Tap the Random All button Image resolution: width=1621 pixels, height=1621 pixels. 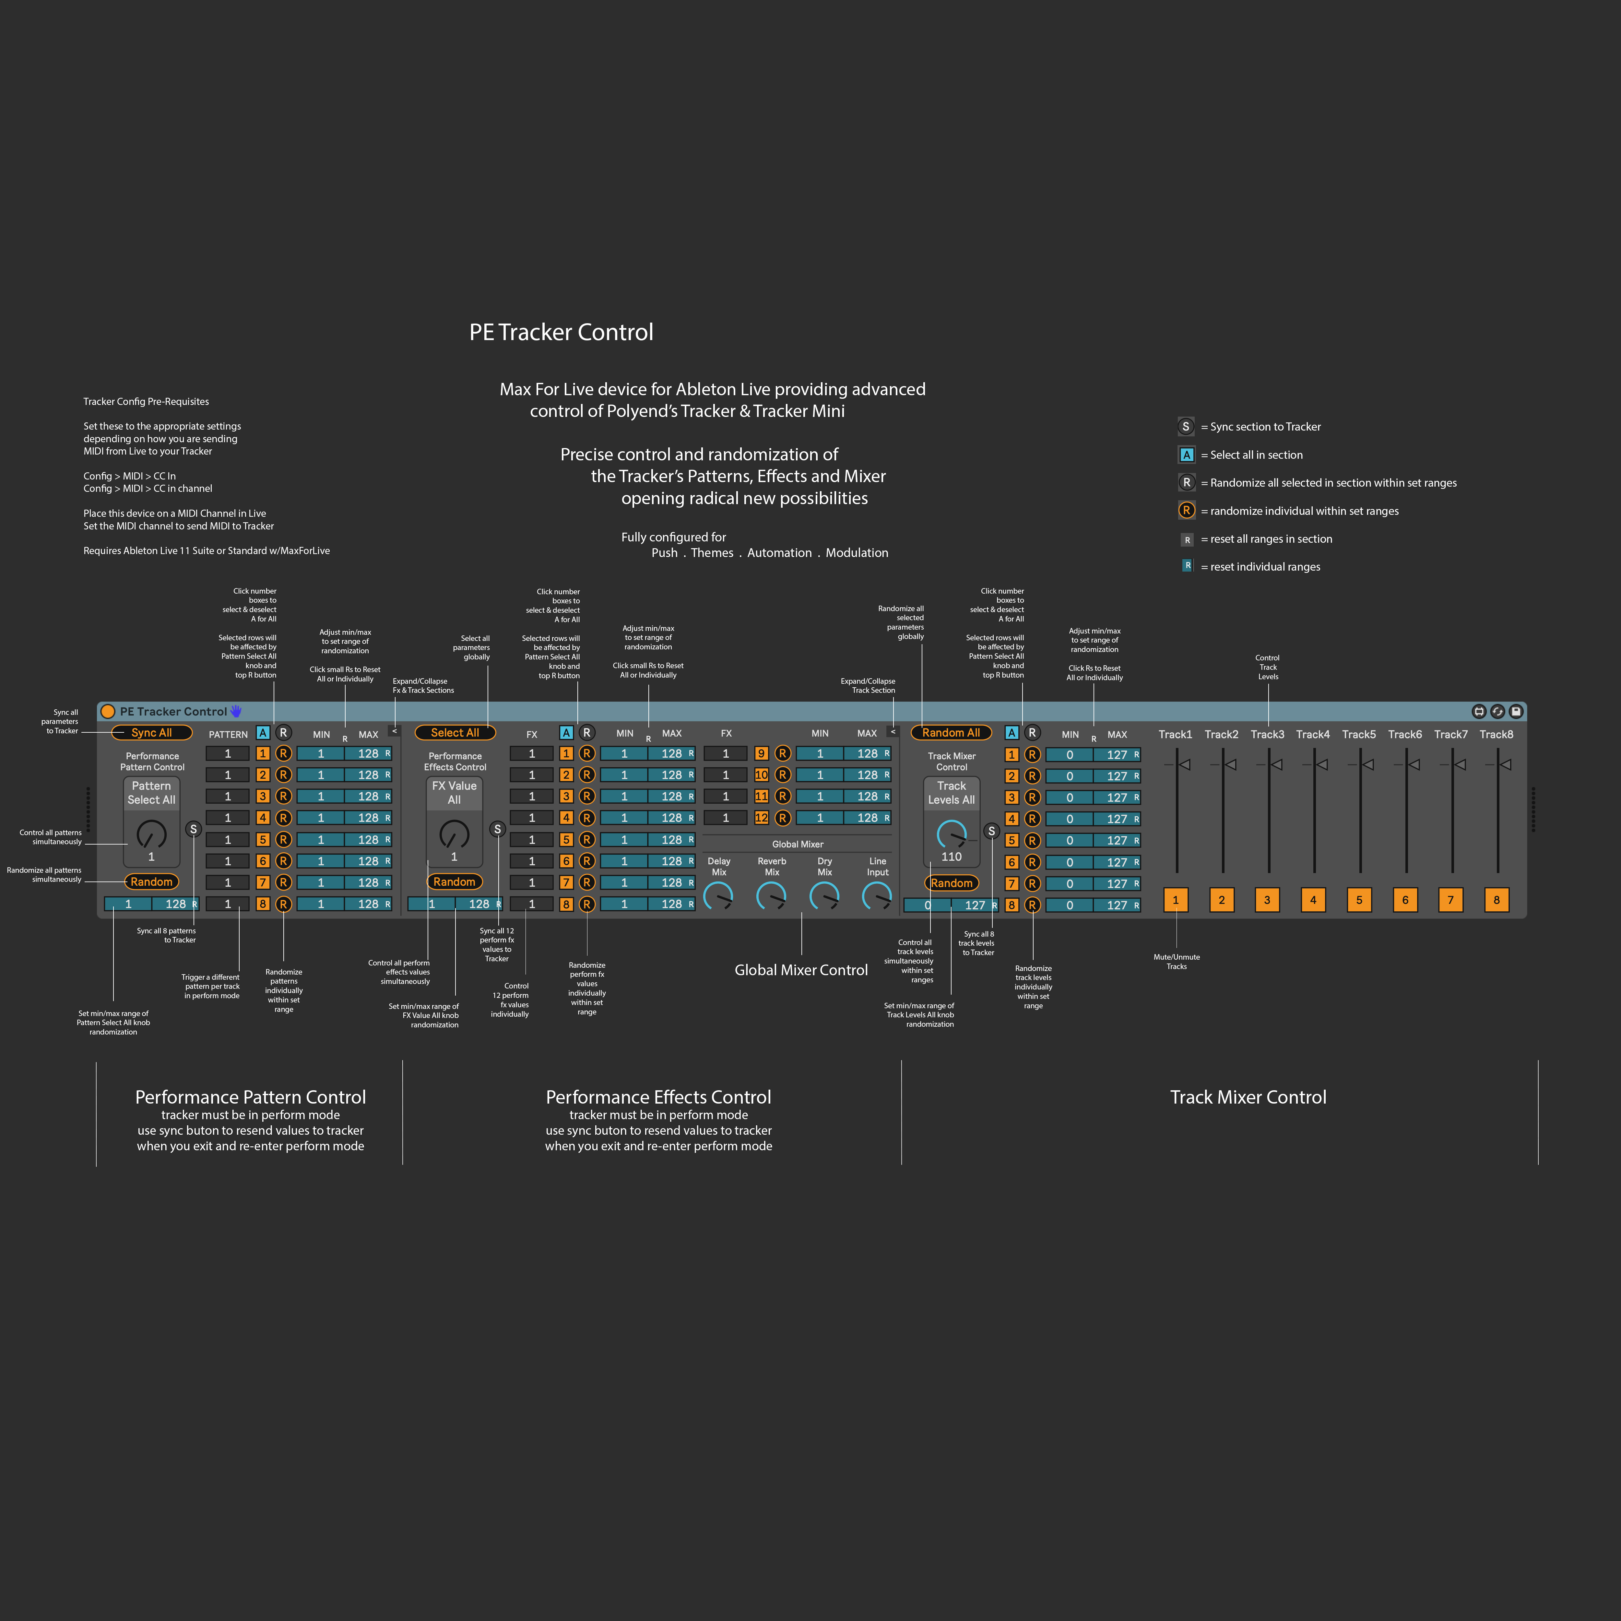951,732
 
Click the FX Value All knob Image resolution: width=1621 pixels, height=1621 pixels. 454,834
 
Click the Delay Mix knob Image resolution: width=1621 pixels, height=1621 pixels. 718,896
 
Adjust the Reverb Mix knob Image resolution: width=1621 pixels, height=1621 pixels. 771,896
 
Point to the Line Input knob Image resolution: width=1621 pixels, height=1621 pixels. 877,896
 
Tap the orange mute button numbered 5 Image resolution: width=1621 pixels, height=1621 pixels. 1359,899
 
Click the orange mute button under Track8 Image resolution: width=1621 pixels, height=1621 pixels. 1496,899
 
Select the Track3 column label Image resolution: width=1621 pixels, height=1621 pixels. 1267,734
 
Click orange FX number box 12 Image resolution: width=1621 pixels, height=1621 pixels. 761,817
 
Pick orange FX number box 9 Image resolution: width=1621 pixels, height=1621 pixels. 761,753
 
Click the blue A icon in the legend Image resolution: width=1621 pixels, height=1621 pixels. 1186,455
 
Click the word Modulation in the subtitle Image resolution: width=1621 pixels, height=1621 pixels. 857,553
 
